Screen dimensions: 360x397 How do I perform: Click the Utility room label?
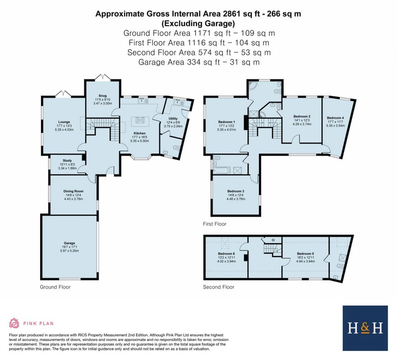(173, 118)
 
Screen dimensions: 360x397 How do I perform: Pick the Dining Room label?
(74, 191)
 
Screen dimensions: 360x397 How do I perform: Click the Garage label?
(70, 243)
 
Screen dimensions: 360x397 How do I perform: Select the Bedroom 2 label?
(302, 116)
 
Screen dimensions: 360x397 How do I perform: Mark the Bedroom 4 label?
(335, 118)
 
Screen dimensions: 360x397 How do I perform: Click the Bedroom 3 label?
(236, 191)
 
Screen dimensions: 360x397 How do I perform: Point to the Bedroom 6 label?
(227, 253)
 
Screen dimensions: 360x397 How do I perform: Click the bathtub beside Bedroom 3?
(221, 170)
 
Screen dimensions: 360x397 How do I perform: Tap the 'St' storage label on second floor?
(273, 240)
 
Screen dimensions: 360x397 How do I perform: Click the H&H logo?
(365, 328)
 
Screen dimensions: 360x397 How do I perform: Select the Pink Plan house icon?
(14, 323)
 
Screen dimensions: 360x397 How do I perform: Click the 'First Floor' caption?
(214, 224)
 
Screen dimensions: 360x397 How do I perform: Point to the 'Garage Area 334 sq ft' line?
(198, 62)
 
